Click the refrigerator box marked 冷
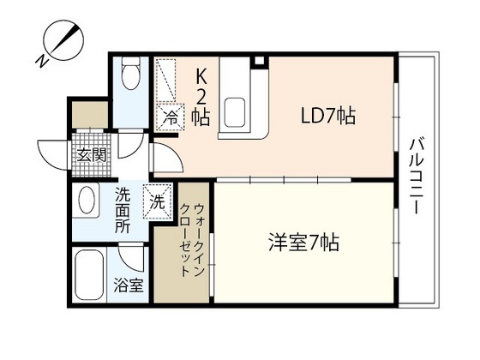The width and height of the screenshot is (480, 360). coord(171,117)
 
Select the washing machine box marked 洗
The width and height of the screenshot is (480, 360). coord(158,202)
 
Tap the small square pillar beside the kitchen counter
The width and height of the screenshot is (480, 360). coord(259,62)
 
